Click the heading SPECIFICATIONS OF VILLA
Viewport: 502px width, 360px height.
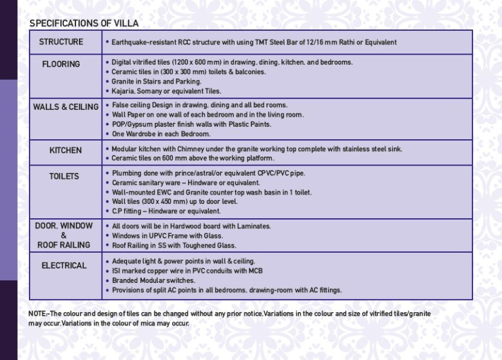point(84,23)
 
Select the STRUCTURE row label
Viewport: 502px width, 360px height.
point(61,42)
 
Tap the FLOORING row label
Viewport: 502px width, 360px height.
point(61,64)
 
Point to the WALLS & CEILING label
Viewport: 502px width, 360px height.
point(66,107)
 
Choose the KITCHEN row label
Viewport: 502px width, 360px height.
point(65,151)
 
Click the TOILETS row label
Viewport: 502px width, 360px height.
point(64,176)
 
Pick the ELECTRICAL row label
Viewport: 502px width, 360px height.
point(64,265)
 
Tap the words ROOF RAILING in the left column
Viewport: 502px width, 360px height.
point(63,245)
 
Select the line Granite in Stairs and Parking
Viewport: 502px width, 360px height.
point(156,82)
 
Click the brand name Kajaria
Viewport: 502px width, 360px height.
point(124,91)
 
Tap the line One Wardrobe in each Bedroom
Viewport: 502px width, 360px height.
point(161,134)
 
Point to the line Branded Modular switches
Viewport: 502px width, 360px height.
point(153,280)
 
